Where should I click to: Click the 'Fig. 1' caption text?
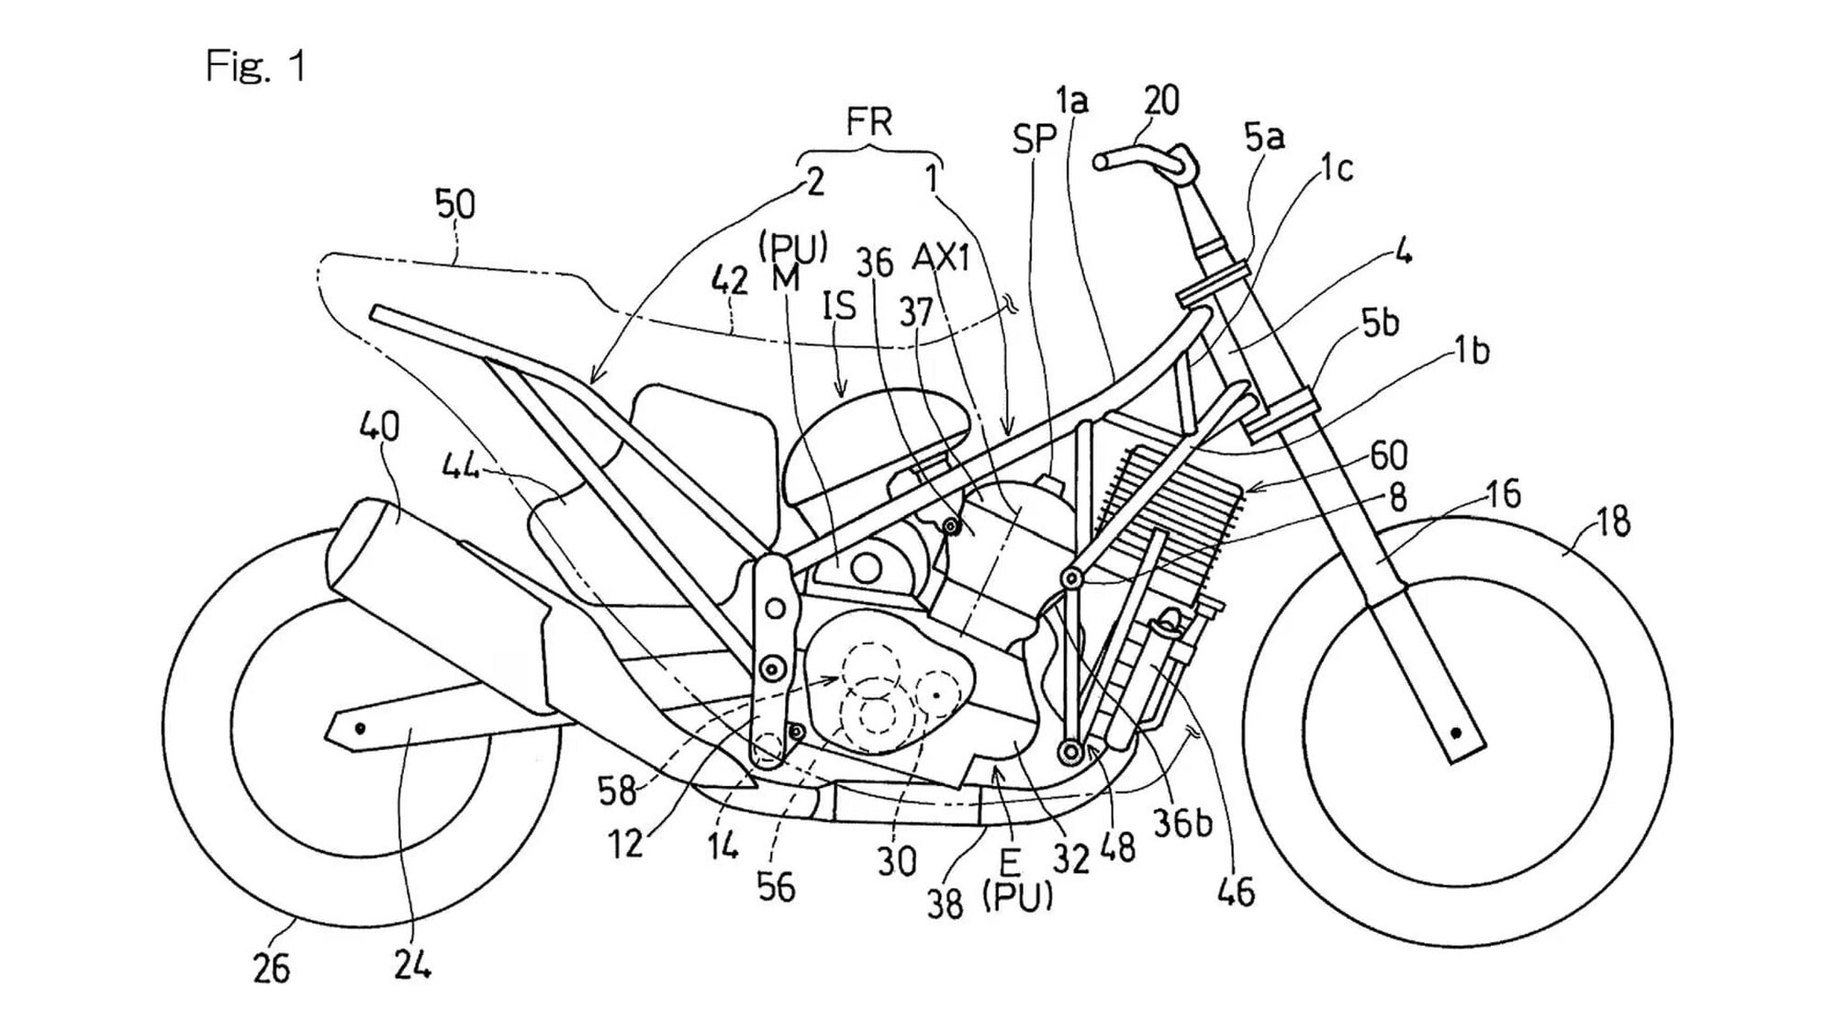coord(255,67)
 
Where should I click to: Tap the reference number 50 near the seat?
coord(454,204)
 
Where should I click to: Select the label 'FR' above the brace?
coord(868,121)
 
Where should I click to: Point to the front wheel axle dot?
coord(1456,733)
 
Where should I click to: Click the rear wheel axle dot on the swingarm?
coord(361,728)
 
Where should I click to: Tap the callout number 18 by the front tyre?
coord(1613,522)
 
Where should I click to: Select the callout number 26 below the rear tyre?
coord(271,969)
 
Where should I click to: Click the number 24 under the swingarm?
coord(412,963)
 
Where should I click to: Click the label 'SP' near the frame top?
coord(1035,139)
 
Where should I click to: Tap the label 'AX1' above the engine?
coord(941,258)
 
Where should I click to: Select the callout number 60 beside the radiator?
coord(1389,455)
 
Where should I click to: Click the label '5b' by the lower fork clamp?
coord(1380,323)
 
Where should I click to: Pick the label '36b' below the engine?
coord(1182,824)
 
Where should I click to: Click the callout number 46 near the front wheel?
coord(1235,890)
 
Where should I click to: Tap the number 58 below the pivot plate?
coord(617,791)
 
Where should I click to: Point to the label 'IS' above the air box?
coord(839,306)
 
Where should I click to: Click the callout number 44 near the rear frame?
coord(461,467)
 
